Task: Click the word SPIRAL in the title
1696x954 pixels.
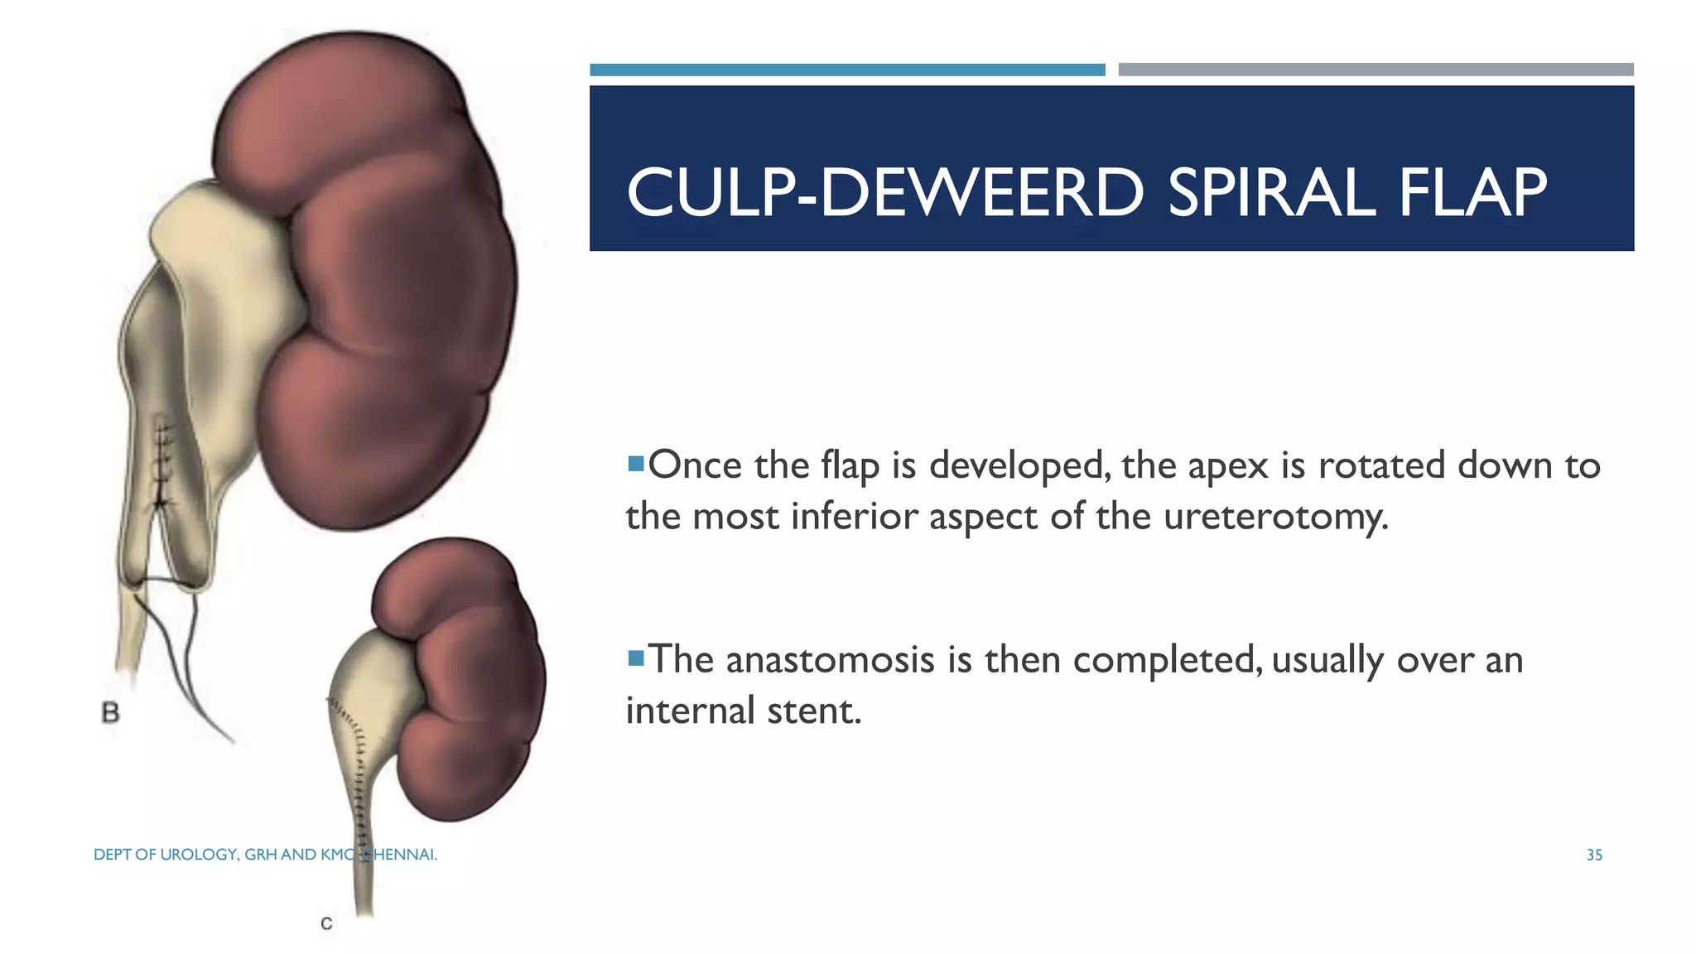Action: [1270, 193]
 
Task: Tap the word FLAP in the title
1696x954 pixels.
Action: [1472, 193]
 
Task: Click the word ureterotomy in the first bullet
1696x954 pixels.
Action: [1275, 517]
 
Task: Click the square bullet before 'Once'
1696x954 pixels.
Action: [636, 464]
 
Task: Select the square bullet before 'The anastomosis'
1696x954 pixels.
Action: [636, 658]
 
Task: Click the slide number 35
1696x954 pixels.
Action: [1594, 855]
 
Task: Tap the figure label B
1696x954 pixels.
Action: [110, 712]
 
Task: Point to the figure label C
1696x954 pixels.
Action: [326, 923]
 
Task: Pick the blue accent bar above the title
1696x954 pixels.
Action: [847, 70]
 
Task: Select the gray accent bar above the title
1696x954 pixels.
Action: [1376, 70]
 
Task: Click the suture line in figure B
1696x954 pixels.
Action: [165, 464]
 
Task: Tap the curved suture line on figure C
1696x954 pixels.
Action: [357, 762]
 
